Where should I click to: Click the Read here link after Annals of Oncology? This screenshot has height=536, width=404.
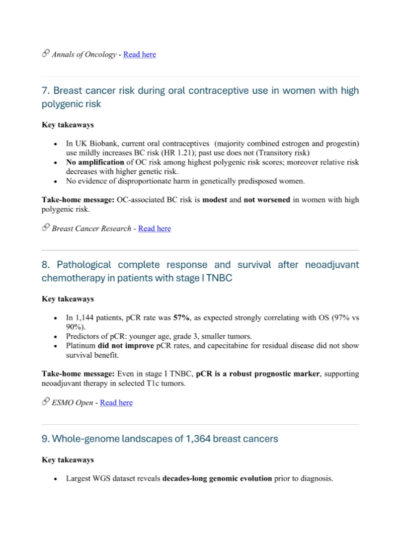[139, 54]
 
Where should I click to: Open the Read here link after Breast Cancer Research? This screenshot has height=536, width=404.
[154, 229]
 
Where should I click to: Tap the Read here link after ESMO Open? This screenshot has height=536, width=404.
[116, 402]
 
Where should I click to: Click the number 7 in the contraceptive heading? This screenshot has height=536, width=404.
[45, 90]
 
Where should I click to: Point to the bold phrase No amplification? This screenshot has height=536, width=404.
[95, 162]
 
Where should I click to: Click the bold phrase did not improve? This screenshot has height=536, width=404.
[125, 345]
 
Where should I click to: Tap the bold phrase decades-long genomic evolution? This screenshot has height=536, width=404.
[217, 479]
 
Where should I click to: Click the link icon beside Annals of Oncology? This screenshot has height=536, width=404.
[45, 54]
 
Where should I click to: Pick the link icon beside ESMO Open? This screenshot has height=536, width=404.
[45, 402]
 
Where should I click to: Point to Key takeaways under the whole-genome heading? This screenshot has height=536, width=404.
[68, 460]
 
